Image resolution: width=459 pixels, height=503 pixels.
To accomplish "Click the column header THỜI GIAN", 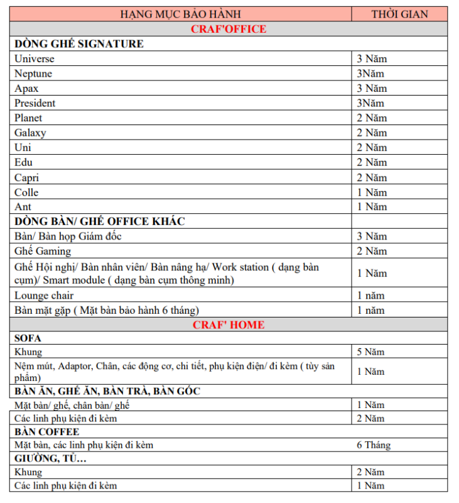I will click(x=399, y=14).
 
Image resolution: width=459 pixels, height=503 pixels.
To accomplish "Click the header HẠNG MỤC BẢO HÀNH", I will click(x=180, y=14).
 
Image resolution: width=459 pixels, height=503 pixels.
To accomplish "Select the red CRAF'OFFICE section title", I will click(x=229, y=29).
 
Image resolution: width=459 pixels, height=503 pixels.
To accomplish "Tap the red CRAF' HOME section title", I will click(x=229, y=324).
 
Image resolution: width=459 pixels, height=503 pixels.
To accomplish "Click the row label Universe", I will click(x=35, y=58).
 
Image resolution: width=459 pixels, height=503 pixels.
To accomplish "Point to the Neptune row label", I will click(x=33, y=74).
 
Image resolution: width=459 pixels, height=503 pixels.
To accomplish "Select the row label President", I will click(x=35, y=103).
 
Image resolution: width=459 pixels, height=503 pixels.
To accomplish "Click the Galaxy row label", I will click(x=30, y=133).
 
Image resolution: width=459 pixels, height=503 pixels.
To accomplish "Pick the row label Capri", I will click(x=26, y=177).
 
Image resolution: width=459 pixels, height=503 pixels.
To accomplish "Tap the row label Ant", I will click(x=23, y=207).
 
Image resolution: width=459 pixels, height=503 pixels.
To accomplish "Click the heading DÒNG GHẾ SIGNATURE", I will click(x=79, y=44).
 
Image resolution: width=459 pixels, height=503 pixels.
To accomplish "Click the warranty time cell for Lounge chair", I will click(x=370, y=295).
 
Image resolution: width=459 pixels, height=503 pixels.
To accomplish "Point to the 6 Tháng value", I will click(x=374, y=445).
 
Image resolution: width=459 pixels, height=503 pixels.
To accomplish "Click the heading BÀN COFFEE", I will click(x=47, y=432).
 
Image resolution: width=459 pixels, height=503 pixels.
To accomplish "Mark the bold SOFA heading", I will click(x=28, y=338).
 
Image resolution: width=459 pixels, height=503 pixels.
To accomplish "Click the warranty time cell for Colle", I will click(x=372, y=192).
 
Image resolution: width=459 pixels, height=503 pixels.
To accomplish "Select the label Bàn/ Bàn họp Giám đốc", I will click(x=68, y=236).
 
